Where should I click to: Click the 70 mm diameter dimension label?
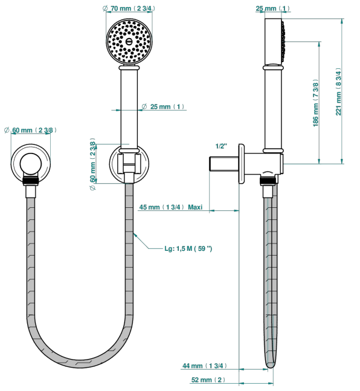(129, 8)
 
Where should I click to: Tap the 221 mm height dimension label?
(338, 91)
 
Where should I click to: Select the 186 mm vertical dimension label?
(316, 103)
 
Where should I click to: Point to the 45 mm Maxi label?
(171, 207)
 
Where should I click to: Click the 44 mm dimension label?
(204, 366)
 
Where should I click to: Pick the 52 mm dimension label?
(208, 380)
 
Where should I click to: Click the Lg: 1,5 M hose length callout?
(188, 248)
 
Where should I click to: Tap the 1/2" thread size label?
(222, 146)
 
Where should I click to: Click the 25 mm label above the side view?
(272, 8)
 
